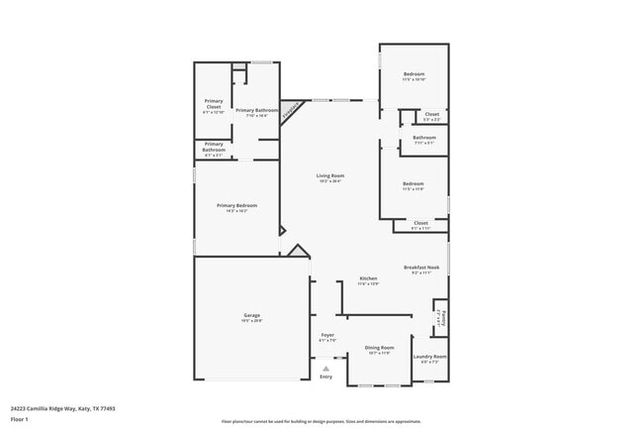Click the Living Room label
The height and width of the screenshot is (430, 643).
pyautogui.click(x=330, y=175)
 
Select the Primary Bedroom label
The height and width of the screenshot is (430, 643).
pyautogui.click(x=237, y=205)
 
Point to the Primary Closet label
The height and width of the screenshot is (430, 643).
pyautogui.click(x=214, y=102)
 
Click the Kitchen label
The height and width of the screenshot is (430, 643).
pyautogui.click(x=368, y=278)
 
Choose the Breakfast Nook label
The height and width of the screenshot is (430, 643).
pyautogui.click(x=419, y=268)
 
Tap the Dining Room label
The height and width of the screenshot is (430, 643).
pyautogui.click(x=380, y=347)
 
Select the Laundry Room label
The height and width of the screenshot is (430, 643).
pyautogui.click(x=429, y=356)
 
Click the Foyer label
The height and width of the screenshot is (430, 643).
pyautogui.click(x=327, y=335)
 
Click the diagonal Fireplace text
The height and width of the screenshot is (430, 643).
pyautogui.click(x=290, y=112)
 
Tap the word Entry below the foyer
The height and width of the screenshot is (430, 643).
pyautogui.click(x=326, y=376)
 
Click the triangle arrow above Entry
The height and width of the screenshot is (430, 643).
pyautogui.click(x=326, y=369)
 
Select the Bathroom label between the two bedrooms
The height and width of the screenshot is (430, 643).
pyautogui.click(x=424, y=138)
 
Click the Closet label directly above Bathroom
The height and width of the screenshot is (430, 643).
pyautogui.click(x=432, y=114)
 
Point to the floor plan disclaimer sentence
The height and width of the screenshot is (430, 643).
pyautogui.click(x=321, y=421)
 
